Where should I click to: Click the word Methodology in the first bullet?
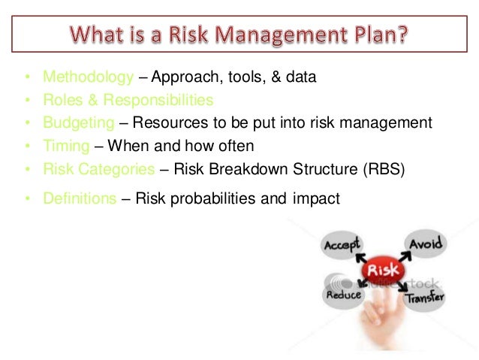(87, 77)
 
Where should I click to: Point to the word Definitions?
(80, 199)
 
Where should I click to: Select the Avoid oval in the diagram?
(426, 244)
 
